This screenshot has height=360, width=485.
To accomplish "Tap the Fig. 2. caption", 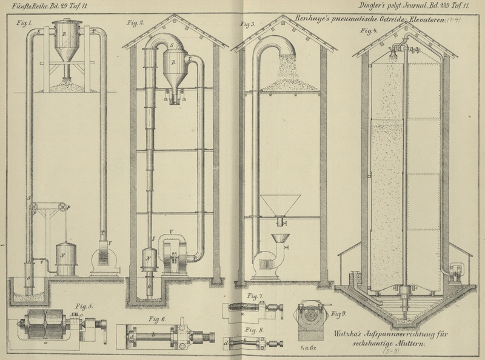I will (x=135, y=23).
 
